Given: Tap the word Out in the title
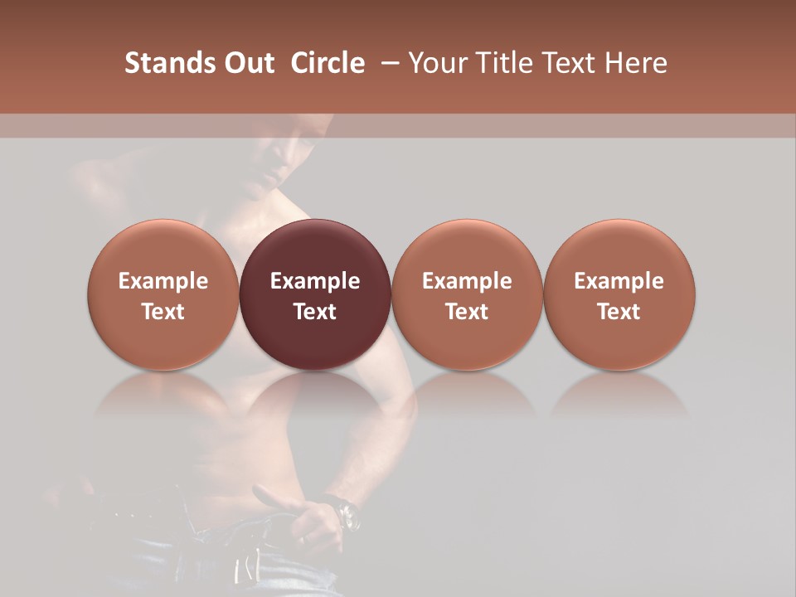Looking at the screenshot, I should (x=247, y=63).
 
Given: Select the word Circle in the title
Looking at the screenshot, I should (x=328, y=63).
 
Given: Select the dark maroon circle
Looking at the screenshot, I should (x=315, y=294).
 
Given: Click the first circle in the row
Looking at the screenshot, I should (x=163, y=294).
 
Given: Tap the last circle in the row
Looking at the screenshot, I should (x=619, y=294).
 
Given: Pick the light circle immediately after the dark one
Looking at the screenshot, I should (x=467, y=294).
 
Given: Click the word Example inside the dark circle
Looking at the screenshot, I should (x=315, y=281).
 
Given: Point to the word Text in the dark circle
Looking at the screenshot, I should (x=315, y=312).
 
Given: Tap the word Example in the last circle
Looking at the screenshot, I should (x=619, y=281).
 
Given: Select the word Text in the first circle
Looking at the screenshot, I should (x=163, y=312).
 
